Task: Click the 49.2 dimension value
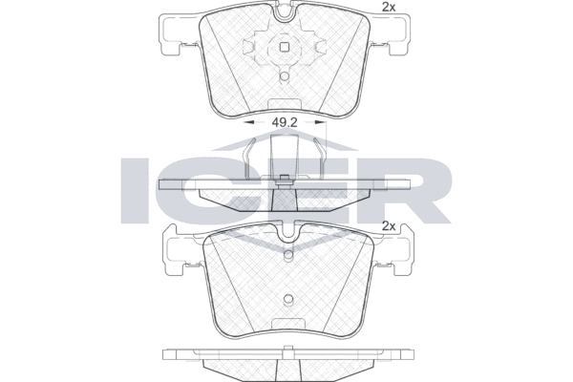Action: tap(284, 123)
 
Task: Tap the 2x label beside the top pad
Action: tap(389, 7)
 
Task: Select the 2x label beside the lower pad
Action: tap(389, 226)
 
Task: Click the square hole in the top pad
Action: tap(285, 47)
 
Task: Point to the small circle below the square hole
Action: tap(285, 75)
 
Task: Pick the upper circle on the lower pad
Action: tap(288, 254)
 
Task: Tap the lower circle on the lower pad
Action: tap(288, 299)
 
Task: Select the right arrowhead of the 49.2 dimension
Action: tap(320, 123)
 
